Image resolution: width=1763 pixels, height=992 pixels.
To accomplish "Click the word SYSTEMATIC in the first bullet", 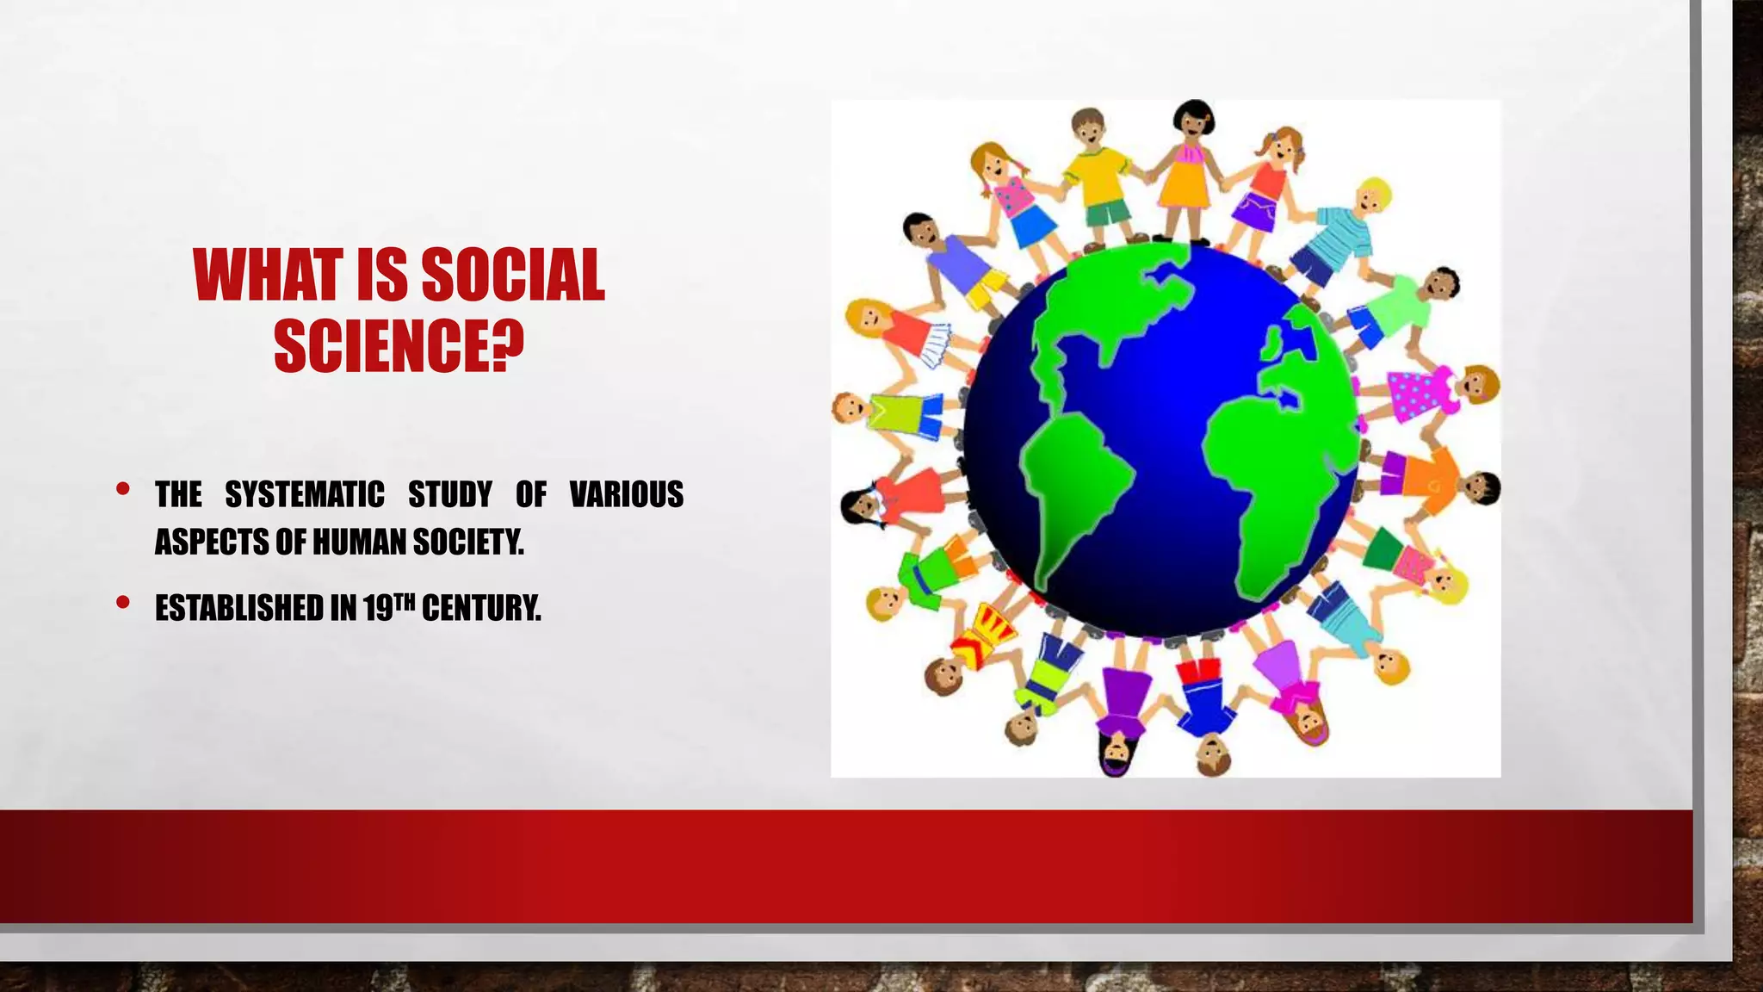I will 305,494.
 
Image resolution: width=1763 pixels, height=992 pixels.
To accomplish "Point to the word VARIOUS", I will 627,494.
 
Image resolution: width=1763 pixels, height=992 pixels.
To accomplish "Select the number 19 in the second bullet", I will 378,609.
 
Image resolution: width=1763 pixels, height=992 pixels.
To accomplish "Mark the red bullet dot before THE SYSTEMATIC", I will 123,489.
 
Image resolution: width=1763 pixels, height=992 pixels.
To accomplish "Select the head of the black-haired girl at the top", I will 1192,121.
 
